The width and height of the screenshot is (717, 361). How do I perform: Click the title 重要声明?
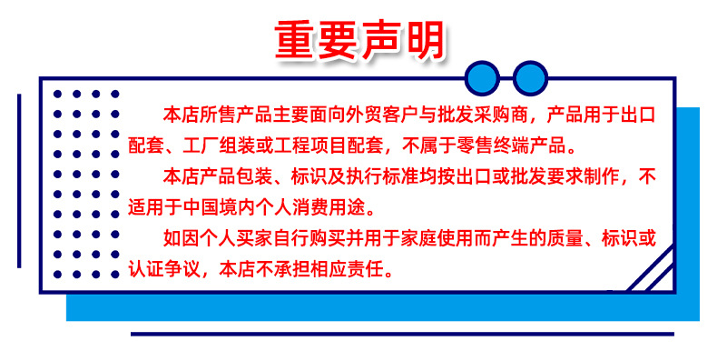click(x=359, y=40)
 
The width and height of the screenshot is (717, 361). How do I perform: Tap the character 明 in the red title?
click(x=425, y=40)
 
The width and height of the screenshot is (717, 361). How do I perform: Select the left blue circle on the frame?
click(x=482, y=78)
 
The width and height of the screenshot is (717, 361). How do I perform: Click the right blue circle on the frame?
click(x=530, y=78)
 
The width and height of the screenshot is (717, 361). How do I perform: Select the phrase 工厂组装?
click(x=219, y=145)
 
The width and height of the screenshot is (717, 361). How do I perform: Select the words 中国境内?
click(x=219, y=208)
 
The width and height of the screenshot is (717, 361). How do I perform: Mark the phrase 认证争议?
click(x=163, y=270)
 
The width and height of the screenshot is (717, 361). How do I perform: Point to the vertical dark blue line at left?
click(x=19, y=181)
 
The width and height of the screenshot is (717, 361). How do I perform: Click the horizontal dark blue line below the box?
click(x=402, y=334)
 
